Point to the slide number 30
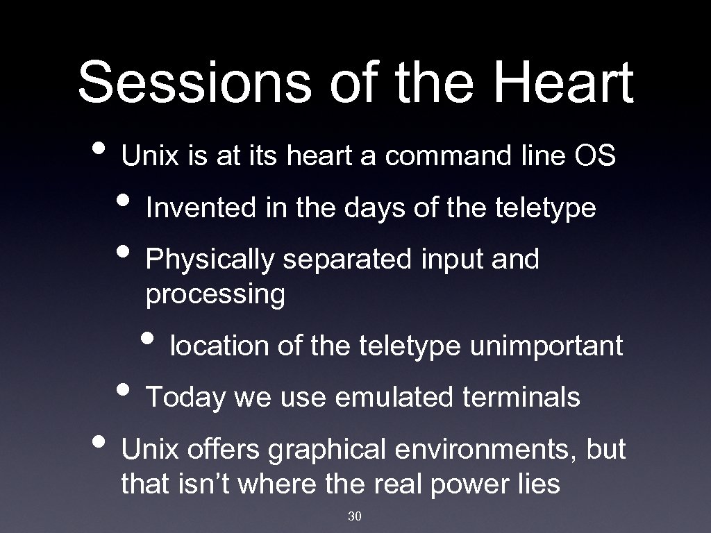(355, 516)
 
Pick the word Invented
(201, 208)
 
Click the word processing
(215, 295)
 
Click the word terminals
(531, 398)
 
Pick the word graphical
(327, 450)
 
